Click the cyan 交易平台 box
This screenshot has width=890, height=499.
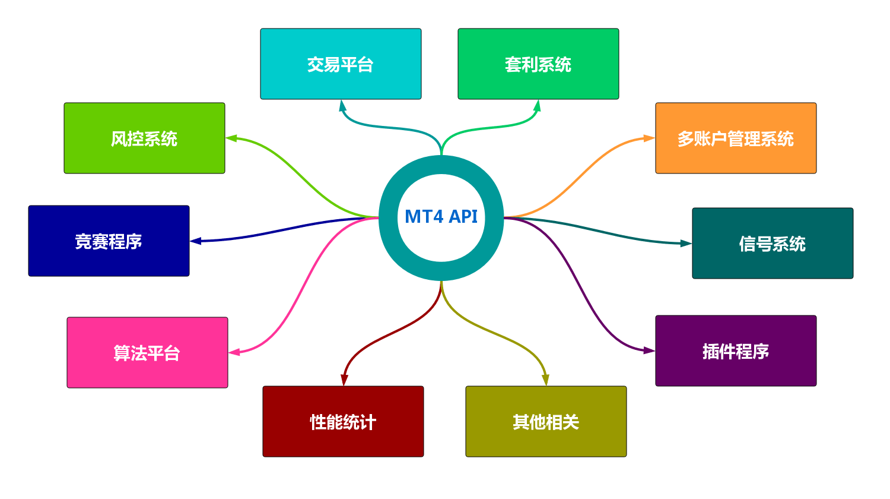tap(341, 64)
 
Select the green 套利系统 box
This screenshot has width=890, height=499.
tap(538, 64)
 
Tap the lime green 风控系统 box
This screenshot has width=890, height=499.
tap(144, 138)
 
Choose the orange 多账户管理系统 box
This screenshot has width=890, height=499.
tap(736, 138)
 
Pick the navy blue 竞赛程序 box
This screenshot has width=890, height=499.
tap(109, 241)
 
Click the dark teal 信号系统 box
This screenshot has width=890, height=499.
tap(773, 243)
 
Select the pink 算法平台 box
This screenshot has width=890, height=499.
tap(147, 352)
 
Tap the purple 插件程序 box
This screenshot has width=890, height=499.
tap(736, 350)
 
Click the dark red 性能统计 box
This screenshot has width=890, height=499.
tap(343, 421)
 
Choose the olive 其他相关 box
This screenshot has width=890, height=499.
tap(546, 421)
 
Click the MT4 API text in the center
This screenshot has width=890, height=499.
tap(441, 217)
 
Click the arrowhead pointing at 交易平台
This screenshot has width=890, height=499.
tap(342, 105)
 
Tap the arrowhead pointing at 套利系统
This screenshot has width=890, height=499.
tap(538, 105)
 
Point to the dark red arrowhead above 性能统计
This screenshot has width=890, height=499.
tap(344, 380)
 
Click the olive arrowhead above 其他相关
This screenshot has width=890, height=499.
tap(545, 380)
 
